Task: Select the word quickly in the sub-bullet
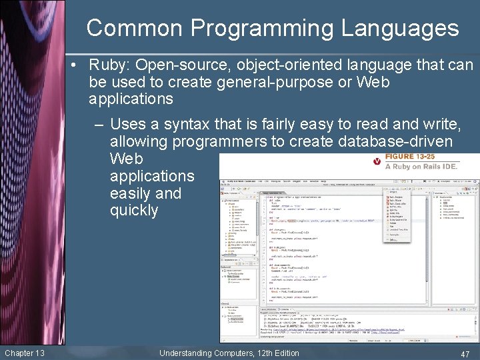[x=134, y=211]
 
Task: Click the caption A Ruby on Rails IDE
[x=421, y=167]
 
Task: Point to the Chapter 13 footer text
[x=25, y=352]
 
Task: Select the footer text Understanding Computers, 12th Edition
[x=229, y=352]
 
